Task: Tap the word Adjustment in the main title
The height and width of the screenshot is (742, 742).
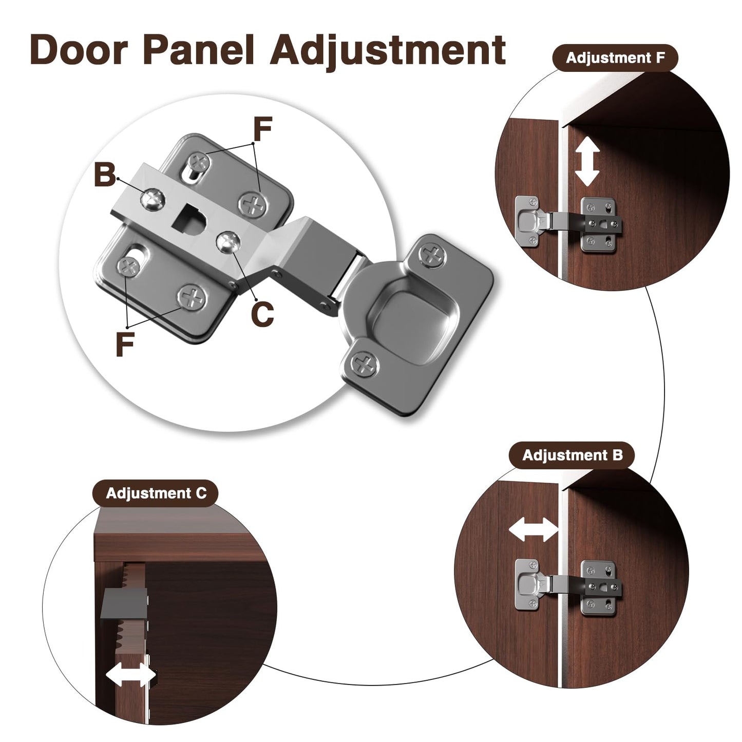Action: [388, 52]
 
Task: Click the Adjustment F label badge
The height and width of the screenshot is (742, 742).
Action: [615, 58]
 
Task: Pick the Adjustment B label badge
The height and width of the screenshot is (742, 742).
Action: [572, 455]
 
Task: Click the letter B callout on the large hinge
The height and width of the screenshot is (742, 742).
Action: [105, 175]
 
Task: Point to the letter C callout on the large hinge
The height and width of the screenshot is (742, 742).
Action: [262, 313]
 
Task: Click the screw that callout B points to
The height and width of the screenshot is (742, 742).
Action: [153, 199]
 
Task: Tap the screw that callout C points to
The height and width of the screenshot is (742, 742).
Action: [229, 242]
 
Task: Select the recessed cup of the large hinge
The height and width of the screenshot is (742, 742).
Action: [412, 314]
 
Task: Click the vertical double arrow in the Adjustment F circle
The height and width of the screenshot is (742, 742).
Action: [587, 162]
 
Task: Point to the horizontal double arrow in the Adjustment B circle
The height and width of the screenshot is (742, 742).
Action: [534, 529]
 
